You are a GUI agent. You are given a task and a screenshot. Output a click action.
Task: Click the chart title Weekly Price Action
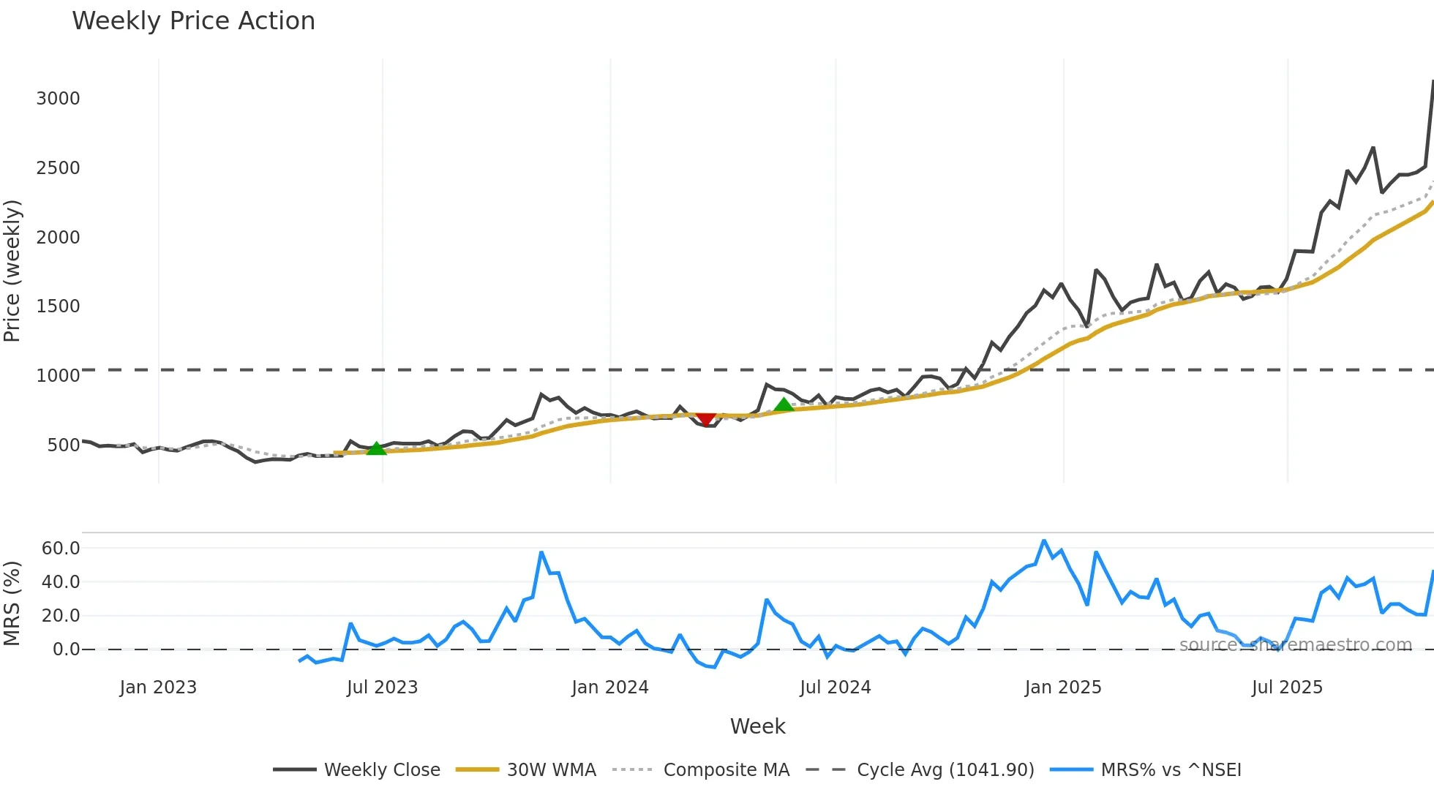point(193,21)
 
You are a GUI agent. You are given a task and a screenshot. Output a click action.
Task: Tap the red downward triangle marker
point(706,419)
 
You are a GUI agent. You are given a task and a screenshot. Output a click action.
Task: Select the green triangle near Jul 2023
point(376,448)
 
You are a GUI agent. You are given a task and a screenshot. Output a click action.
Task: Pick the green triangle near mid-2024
point(784,404)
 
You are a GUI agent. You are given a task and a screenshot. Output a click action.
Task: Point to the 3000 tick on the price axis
point(58,99)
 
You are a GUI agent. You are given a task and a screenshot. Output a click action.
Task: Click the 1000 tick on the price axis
point(58,376)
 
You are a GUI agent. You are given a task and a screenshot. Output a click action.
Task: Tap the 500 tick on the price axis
point(63,445)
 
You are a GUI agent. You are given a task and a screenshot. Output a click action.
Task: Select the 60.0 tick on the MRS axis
point(61,549)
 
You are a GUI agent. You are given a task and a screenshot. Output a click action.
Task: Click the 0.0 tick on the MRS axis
point(66,649)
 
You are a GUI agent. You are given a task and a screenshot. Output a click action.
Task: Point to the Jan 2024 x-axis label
point(609,688)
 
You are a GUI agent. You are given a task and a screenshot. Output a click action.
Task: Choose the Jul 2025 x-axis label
point(1287,688)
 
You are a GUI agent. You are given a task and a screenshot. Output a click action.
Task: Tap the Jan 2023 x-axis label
point(158,688)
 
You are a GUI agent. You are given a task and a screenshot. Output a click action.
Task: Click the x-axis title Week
point(757,727)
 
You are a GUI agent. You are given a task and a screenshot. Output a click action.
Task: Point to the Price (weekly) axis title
point(12,271)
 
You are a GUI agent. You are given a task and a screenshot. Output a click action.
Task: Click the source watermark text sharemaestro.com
point(1296,645)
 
